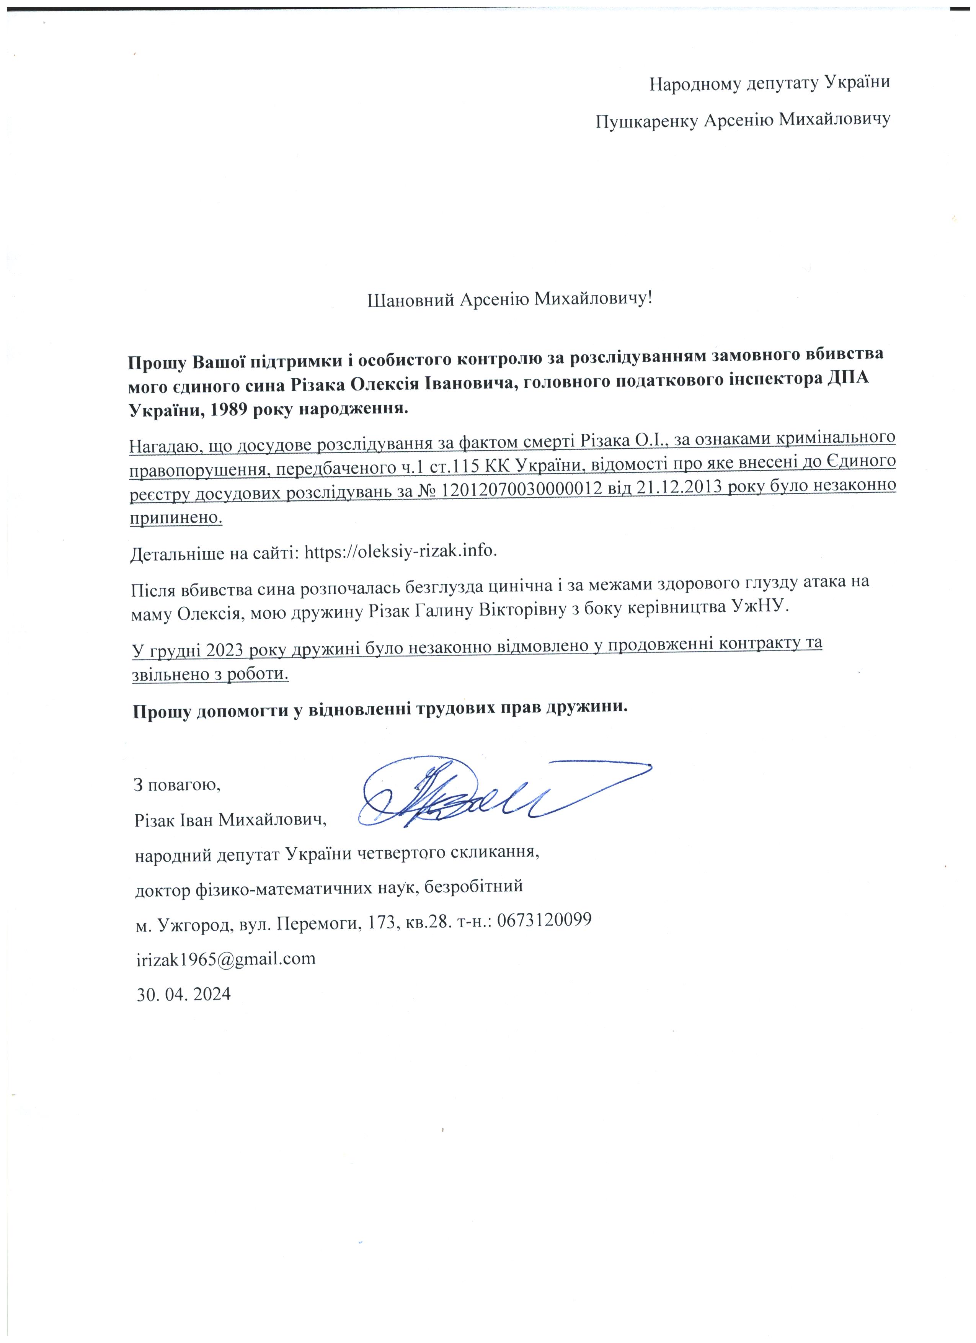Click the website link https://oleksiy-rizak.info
pos(400,551)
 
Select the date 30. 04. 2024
pos(183,993)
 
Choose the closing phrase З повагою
pos(178,785)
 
